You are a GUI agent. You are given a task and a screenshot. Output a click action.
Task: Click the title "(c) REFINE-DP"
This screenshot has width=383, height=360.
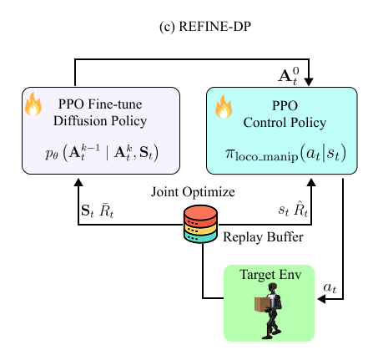(191, 24)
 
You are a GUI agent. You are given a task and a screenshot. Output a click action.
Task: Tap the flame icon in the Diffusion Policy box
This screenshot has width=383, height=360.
(34, 104)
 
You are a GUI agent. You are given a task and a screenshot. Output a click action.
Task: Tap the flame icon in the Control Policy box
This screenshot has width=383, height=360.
(224, 106)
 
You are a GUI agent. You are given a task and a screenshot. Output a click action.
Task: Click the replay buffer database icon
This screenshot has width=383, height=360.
(200, 224)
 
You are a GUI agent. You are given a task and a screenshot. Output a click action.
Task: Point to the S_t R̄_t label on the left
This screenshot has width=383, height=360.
(98, 211)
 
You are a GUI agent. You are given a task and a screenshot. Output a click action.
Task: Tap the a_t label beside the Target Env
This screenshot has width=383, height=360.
(331, 286)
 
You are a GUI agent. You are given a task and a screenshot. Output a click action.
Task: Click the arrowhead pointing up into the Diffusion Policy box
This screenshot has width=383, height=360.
(77, 180)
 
